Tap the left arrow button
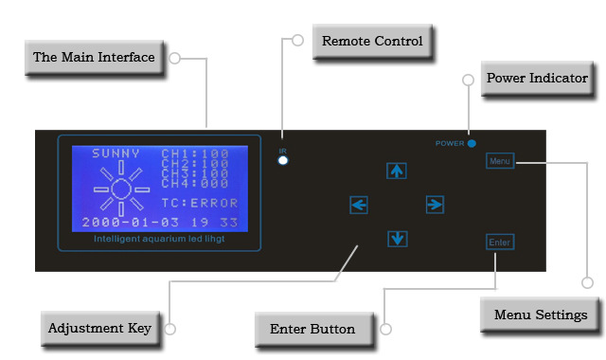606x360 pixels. (359, 205)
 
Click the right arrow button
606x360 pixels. (435, 205)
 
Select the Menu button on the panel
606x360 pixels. (500, 161)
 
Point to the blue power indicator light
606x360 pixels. (472, 143)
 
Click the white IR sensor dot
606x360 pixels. (283, 160)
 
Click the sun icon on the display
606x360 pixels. (121, 189)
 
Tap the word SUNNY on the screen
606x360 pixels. (116, 153)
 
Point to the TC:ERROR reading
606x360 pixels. (200, 203)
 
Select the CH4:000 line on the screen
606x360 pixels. (195, 183)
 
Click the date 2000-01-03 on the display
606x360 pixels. (131, 223)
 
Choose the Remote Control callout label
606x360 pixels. (372, 41)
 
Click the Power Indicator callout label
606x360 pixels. (537, 78)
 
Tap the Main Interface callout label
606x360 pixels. (94, 57)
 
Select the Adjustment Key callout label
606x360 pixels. (99, 329)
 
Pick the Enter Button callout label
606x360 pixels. (312, 329)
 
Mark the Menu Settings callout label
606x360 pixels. (541, 315)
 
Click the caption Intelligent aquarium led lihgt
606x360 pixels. (159, 239)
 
